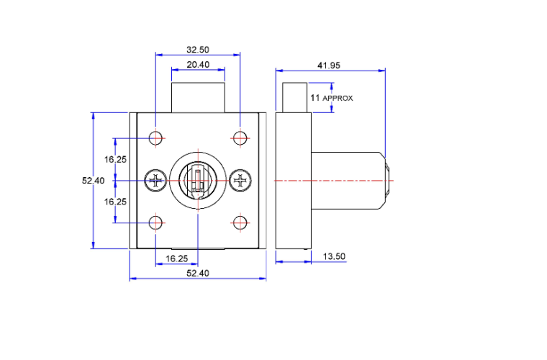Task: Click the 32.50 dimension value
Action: pyautogui.click(x=198, y=50)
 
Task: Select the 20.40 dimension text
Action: pyautogui.click(x=198, y=65)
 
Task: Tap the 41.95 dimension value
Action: pyautogui.click(x=329, y=66)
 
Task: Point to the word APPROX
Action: pyautogui.click(x=338, y=99)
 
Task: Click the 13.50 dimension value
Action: pyautogui.click(x=334, y=256)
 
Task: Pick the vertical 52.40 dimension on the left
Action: pyautogui.click(x=93, y=180)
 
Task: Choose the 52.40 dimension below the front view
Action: pyautogui.click(x=198, y=273)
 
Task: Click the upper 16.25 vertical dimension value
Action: pyautogui.click(x=115, y=159)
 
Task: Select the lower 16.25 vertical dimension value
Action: pyautogui.click(x=115, y=202)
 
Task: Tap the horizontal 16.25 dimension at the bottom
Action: pyautogui.click(x=177, y=258)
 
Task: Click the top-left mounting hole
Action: pyautogui.click(x=155, y=138)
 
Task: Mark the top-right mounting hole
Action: pyautogui.click(x=240, y=138)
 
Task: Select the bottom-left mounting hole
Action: pyautogui.click(x=155, y=223)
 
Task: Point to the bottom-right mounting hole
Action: pyautogui.click(x=240, y=223)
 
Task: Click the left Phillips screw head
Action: pyautogui.click(x=156, y=180)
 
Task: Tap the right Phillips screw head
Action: pyautogui.click(x=240, y=180)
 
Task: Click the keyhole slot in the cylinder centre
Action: pyautogui.click(x=198, y=180)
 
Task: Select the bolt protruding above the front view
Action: pyautogui.click(x=198, y=98)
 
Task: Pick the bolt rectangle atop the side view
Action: pyautogui.click(x=295, y=98)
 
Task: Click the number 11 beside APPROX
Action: pyautogui.click(x=315, y=98)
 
